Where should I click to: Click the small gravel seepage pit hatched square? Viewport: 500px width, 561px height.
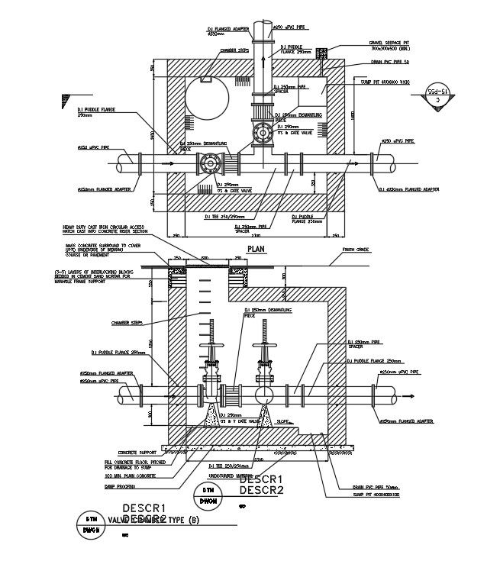point(322,53)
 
